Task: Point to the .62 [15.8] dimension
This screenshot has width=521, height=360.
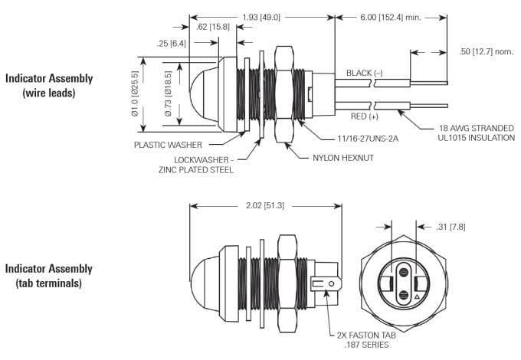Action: [214, 27]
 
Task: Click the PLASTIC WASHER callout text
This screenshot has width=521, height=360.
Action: [168, 144]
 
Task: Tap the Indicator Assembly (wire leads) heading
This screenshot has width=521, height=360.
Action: [49, 85]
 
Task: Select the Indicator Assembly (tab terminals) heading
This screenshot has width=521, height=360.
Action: [49, 276]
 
